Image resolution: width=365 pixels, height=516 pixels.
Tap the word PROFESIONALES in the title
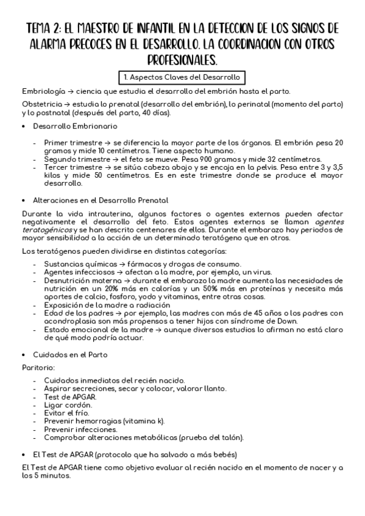(x=182, y=60)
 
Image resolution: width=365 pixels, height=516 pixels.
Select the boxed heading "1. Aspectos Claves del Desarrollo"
(x=182, y=78)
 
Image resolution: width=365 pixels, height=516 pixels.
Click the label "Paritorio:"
(x=38, y=368)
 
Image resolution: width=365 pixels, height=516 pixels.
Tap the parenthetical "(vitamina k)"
(x=143, y=420)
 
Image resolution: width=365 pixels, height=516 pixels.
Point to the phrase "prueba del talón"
(x=210, y=437)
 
